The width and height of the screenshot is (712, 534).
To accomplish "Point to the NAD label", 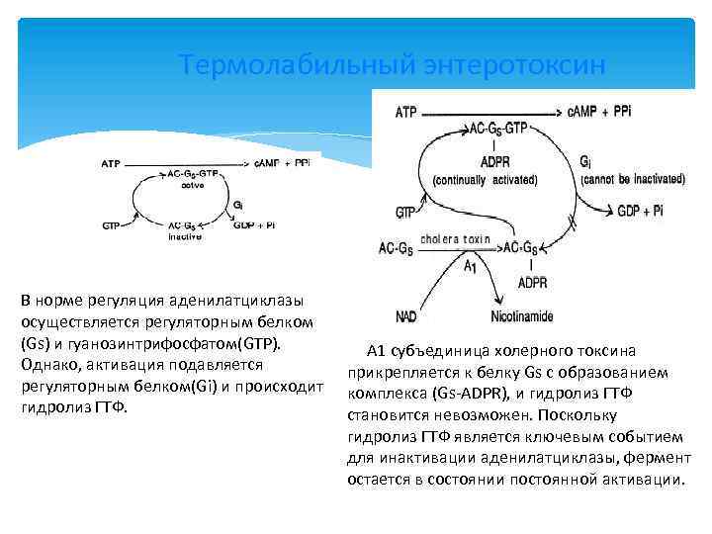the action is [x=406, y=316].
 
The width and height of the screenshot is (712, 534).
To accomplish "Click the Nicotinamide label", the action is [x=521, y=316].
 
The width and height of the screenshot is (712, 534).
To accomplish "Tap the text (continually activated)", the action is [x=485, y=180].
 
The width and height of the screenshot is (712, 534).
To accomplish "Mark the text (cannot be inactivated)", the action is [x=633, y=180].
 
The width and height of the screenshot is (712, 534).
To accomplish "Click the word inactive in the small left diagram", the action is [x=185, y=237].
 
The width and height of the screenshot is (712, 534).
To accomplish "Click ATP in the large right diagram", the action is [x=406, y=112].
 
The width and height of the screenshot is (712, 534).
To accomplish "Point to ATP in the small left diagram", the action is [x=112, y=162].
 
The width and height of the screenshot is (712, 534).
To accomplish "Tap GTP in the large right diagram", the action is [x=405, y=213].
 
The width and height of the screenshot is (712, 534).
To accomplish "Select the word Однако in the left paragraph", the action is [x=46, y=365].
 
